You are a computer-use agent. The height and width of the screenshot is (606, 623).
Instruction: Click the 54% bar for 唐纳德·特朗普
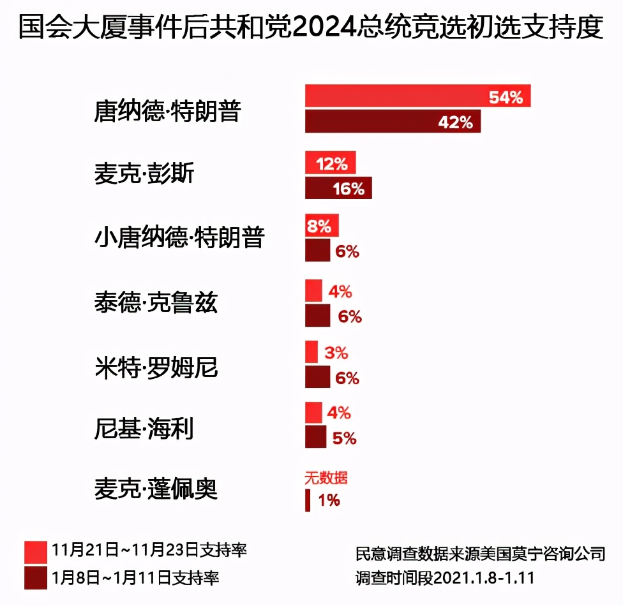coord(417,96)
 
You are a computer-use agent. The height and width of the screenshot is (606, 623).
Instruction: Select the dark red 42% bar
coord(392,122)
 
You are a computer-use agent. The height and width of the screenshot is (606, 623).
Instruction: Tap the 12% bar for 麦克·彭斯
coord(330,163)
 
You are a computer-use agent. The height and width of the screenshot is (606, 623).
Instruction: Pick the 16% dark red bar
coord(338,188)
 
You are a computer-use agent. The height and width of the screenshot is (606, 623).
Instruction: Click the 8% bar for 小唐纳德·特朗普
coord(322,225)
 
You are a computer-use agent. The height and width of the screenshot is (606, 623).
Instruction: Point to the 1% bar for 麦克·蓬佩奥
coord(308,500)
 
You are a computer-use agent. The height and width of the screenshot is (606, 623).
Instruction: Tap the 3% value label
coord(336,352)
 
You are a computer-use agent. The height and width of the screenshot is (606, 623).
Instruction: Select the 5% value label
coord(345,438)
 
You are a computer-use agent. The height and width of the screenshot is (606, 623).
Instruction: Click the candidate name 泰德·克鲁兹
coord(156,303)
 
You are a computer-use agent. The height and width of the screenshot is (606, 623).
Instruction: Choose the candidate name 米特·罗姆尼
coord(156,367)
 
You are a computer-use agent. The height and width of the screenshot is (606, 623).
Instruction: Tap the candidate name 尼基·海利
coord(144,429)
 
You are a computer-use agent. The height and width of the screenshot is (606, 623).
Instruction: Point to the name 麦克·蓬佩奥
coord(156,489)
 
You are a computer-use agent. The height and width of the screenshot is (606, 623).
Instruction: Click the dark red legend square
coord(36,578)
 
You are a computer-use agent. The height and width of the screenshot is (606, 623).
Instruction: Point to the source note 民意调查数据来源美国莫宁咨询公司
coord(480,552)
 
